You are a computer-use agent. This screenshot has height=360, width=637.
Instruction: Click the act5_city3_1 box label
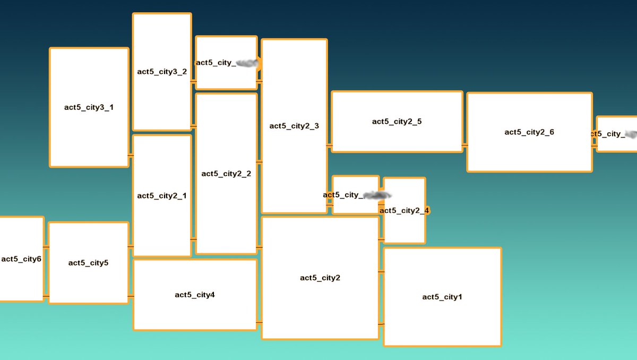coord(89,107)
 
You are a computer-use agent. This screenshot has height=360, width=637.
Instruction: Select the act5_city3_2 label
coord(162,72)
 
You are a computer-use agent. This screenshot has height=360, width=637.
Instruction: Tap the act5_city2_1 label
coord(162,196)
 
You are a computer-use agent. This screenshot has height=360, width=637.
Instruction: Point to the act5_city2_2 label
coord(226,174)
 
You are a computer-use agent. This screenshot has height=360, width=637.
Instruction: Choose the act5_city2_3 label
coord(294,126)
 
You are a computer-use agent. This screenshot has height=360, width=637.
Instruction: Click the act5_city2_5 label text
coord(397,122)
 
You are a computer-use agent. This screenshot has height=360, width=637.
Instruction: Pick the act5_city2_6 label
coord(529,132)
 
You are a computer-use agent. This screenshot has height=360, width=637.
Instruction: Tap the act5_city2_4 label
coord(404,211)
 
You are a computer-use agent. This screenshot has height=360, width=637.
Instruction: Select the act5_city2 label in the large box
coord(320,278)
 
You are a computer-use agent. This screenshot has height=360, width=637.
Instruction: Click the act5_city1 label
coord(442,297)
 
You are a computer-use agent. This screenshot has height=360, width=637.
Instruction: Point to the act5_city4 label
coord(195,295)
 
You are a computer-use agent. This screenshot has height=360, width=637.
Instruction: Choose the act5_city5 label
coord(89,263)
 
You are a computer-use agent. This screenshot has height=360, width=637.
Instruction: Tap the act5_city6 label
coord(21,259)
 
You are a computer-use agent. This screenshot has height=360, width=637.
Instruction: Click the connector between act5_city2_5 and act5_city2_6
coord(464,144)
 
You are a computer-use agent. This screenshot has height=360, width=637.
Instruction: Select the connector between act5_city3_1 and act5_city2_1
coord(131,155)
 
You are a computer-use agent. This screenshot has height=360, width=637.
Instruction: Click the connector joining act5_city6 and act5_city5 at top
coord(46,247)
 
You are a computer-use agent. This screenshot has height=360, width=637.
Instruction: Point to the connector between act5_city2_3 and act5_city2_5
coord(329,144)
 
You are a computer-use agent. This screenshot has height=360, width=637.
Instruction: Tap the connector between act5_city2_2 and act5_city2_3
coord(259,161)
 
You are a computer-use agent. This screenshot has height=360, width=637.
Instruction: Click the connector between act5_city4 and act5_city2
coord(259,322)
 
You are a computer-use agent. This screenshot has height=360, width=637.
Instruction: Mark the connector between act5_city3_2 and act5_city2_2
coord(193,126)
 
